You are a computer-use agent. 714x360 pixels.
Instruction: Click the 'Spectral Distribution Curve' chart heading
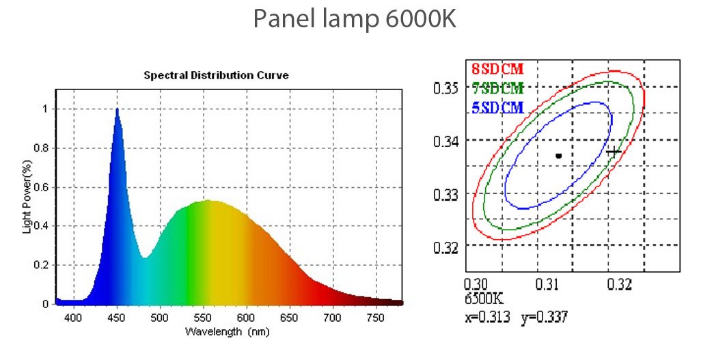pos(216,75)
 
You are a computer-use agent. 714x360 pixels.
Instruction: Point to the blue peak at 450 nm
pos(117,110)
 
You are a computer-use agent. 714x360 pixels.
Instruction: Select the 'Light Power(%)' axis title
pos(27,197)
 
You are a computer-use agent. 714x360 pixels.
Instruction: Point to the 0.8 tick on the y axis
pos(42,148)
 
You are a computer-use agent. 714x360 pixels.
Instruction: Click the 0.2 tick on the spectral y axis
pos(42,264)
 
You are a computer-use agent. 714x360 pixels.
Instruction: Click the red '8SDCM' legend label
pos(497,68)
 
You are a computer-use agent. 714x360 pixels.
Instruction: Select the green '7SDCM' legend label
pos(497,88)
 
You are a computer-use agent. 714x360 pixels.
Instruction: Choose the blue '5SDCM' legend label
pos(497,107)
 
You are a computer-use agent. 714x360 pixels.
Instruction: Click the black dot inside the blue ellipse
pos(558,156)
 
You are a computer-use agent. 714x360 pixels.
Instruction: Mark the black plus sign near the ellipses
pos(614,152)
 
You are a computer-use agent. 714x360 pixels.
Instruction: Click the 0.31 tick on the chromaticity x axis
pos(547,282)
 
